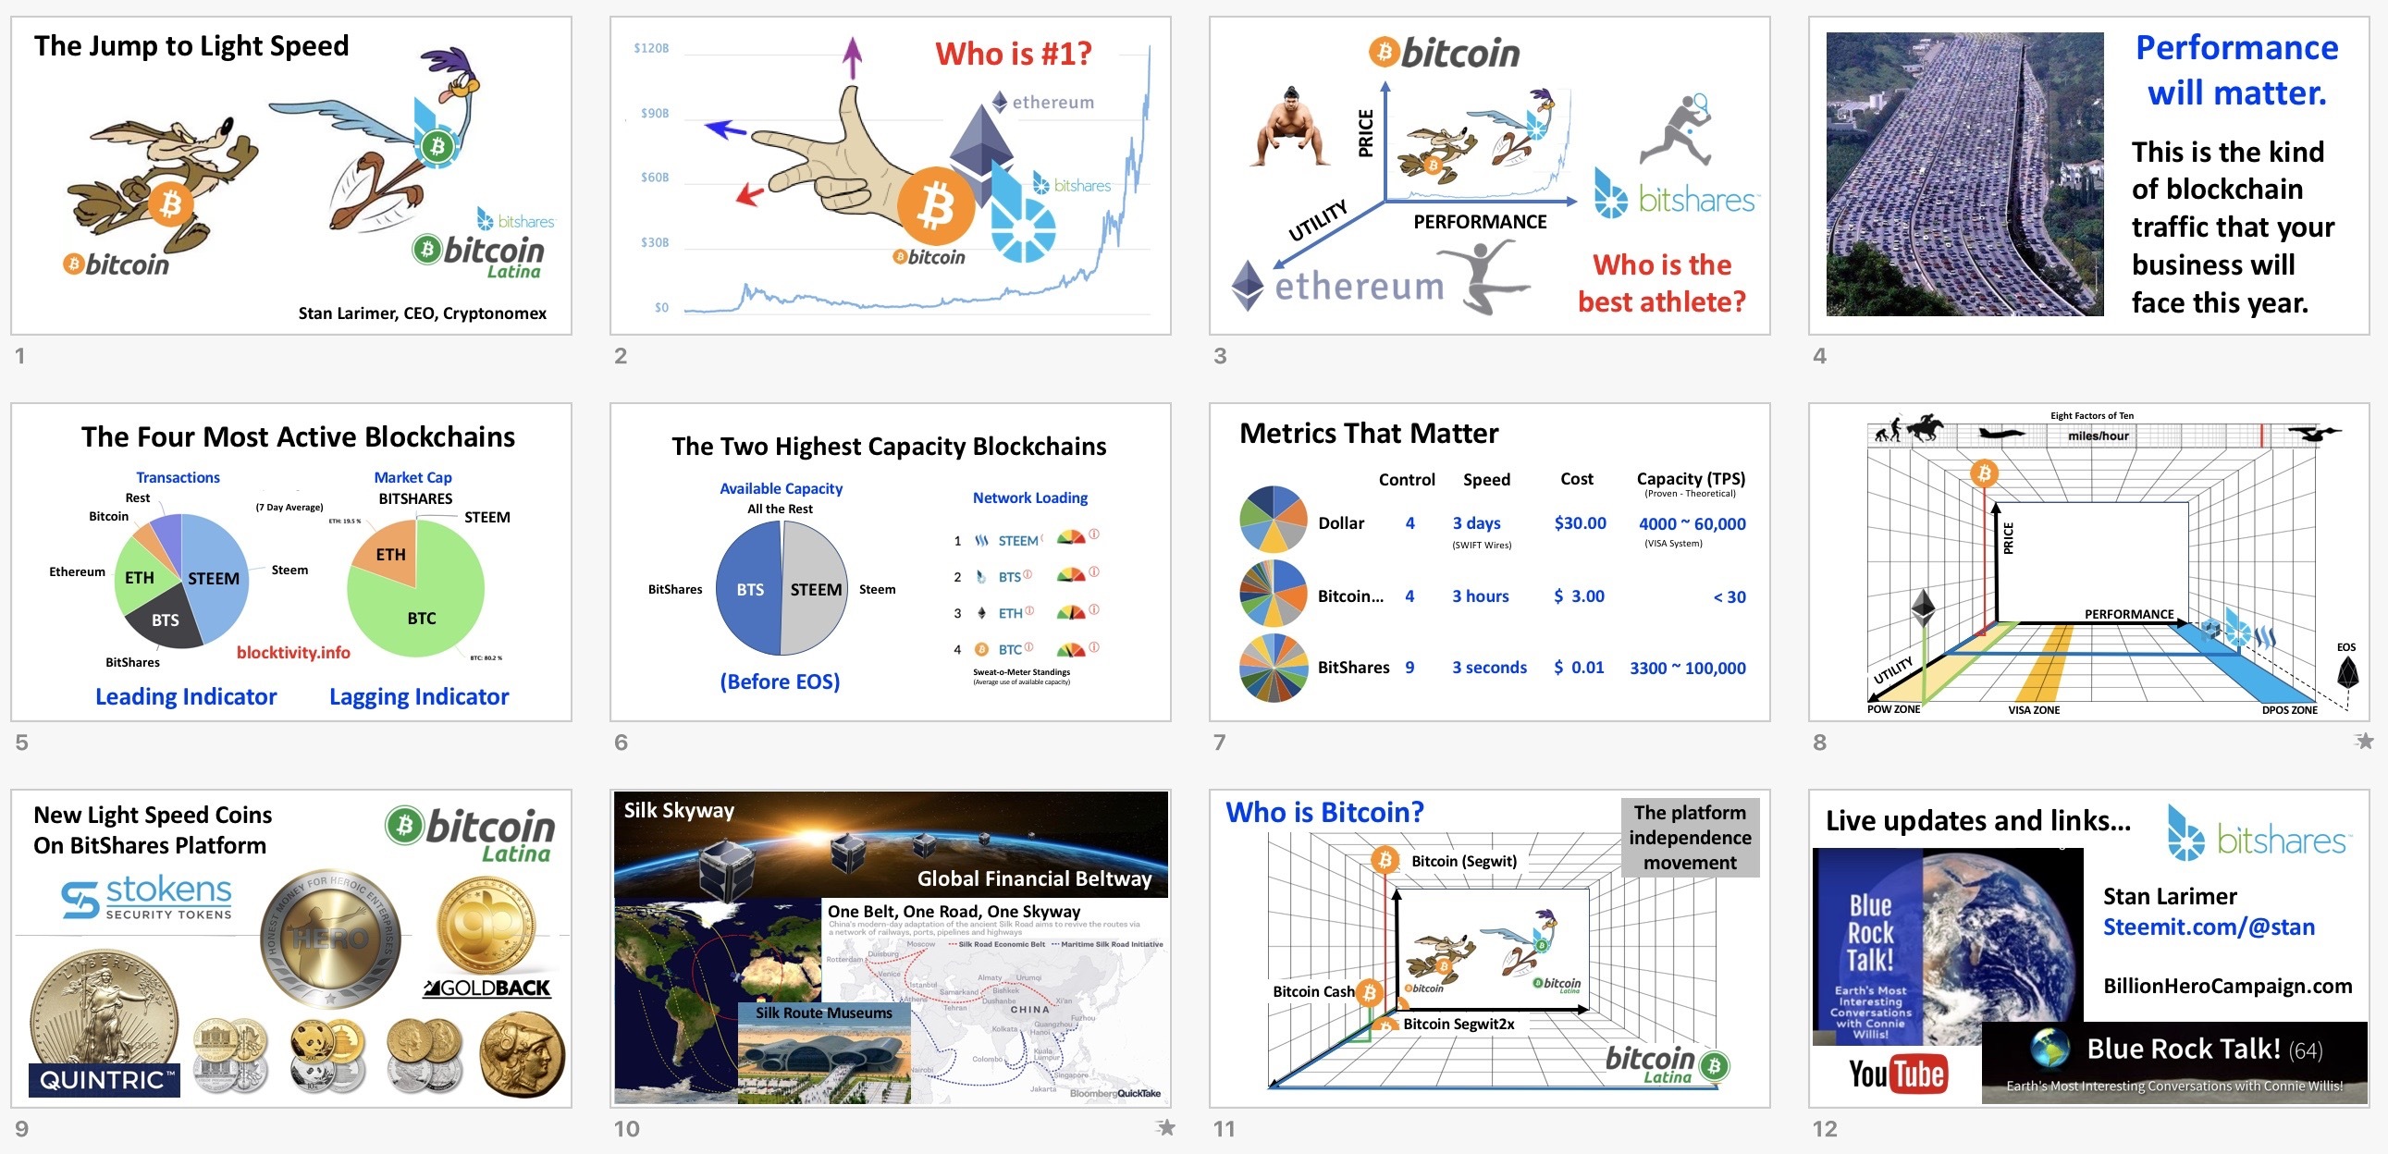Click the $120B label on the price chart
coord(651,48)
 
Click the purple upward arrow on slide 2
coord(852,56)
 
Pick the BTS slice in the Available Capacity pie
coord(749,590)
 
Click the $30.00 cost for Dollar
coord(1580,523)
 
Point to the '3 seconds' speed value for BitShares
coord(1489,668)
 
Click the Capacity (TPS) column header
coord(1690,479)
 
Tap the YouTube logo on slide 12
coord(1897,1074)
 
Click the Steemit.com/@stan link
coord(2209,927)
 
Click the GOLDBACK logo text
coord(487,988)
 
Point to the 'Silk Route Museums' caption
coord(823,1013)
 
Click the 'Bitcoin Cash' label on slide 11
coord(1312,992)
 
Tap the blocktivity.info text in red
coord(293,653)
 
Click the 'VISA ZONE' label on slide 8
coord(2033,710)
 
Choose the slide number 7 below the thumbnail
coord(1219,742)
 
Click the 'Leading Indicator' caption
coord(185,697)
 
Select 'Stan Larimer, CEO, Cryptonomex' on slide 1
coord(422,313)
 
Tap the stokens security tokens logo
coord(146,896)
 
